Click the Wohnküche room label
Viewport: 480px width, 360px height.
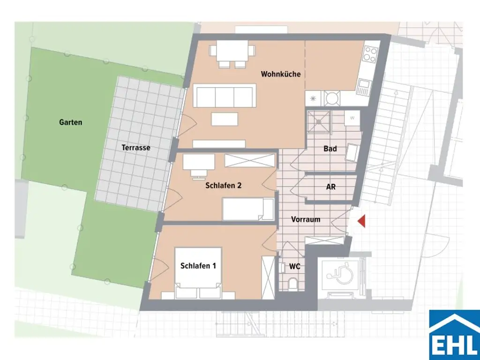pos(281,74)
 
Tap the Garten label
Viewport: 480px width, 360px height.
pos(71,122)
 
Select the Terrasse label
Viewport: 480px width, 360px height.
pos(136,147)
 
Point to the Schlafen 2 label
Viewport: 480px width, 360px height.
pos(224,186)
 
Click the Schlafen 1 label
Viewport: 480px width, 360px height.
pos(198,266)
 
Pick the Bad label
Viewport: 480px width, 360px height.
pos(330,149)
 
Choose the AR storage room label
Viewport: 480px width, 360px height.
pos(331,186)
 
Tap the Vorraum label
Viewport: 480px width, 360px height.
pos(306,219)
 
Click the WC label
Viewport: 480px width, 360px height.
pos(294,267)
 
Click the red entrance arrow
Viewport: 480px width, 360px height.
pos(361,221)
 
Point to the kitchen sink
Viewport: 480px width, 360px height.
pos(364,86)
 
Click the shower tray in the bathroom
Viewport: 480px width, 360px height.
pos(319,121)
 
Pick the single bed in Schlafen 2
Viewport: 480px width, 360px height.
pos(248,209)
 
